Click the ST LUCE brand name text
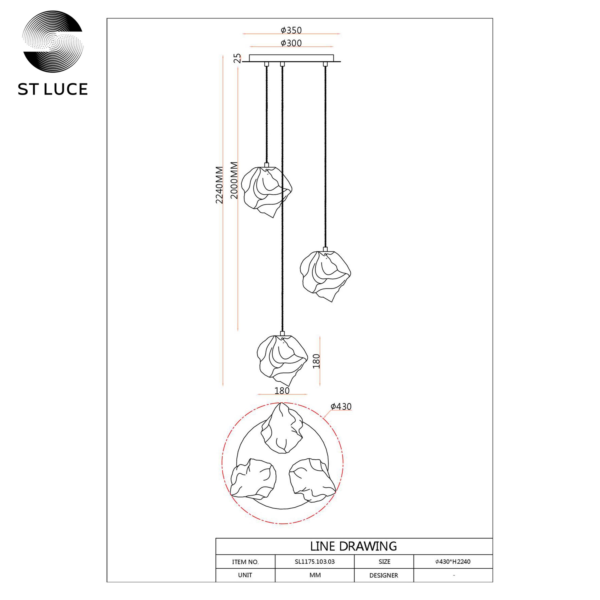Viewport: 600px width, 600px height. [53, 89]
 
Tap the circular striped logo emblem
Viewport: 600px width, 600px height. [53, 41]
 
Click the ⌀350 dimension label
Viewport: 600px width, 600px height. [291, 30]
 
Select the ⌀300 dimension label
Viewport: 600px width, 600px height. [291, 43]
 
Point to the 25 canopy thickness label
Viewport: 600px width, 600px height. [237, 58]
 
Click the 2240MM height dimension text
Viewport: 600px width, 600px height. [219, 185]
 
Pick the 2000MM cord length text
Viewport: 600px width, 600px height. [234, 180]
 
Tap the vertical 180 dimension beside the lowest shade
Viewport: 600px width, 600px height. [316, 361]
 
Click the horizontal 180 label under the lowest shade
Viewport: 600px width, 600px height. [282, 391]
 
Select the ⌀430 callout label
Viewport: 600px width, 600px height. [341, 406]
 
